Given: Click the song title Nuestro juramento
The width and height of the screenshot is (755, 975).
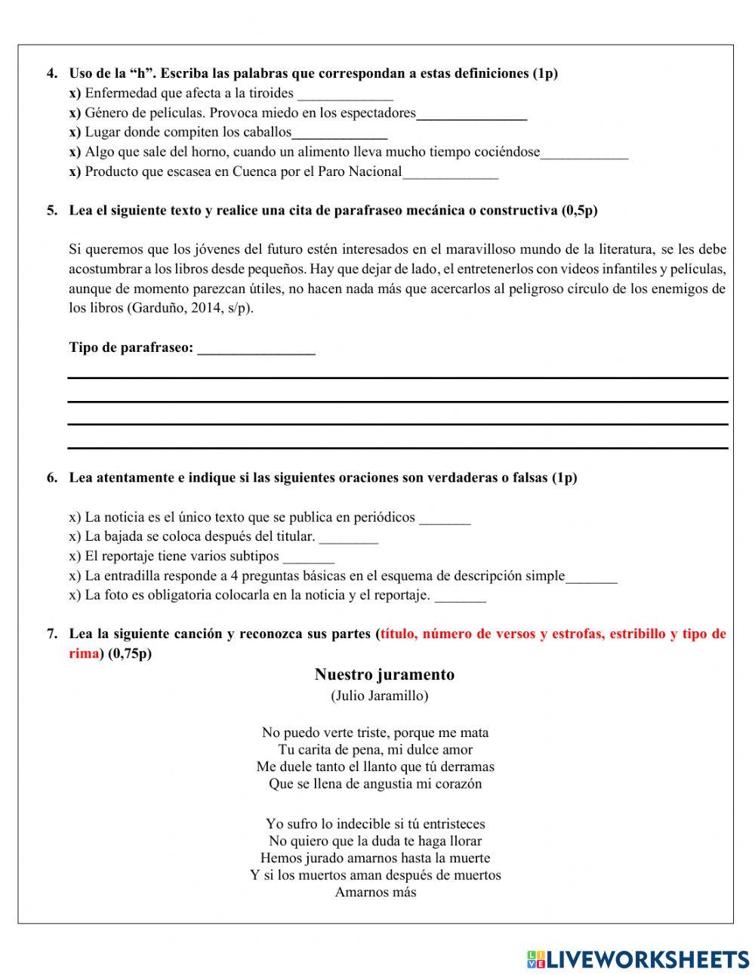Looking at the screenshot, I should tap(384, 674).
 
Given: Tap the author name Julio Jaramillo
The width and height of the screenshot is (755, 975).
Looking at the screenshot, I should tap(379, 696).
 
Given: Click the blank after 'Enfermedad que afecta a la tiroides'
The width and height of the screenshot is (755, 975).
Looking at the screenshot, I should tap(345, 94).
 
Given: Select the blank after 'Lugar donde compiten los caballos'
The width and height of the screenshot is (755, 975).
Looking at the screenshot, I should tap(339, 134).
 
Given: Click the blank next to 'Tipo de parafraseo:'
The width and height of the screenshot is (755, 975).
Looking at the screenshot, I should tap(256, 349).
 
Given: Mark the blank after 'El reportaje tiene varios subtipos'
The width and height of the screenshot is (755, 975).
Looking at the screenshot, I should tap(308, 557).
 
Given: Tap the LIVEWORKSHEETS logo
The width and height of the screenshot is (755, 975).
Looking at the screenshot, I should tap(637, 959).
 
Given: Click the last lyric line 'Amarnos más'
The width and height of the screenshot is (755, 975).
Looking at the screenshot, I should tap(375, 892).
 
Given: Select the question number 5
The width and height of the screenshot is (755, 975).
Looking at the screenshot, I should tap(51, 211).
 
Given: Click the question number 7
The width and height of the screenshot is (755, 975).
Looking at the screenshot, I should tap(51, 634).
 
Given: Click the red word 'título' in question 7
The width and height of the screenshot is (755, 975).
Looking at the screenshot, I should tap(398, 634).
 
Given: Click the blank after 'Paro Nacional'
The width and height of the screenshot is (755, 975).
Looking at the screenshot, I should tap(450, 173).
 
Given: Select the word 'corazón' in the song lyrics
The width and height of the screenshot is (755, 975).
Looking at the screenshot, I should tap(456, 783).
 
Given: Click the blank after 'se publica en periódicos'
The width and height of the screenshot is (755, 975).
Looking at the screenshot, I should tap(444, 519).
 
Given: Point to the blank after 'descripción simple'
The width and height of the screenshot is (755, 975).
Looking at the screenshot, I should tap(591, 577).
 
